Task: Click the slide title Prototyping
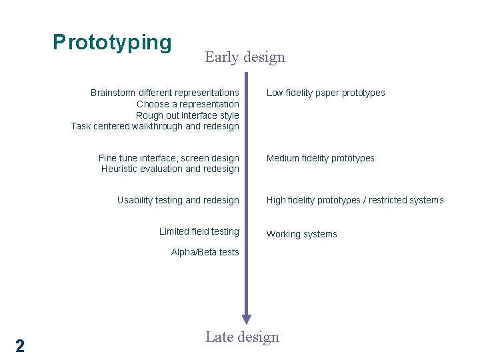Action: click(112, 43)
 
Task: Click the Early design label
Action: click(245, 57)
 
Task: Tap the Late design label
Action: click(242, 337)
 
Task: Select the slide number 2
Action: click(20, 345)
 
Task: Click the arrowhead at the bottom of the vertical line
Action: click(247, 319)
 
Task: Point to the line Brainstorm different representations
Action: click(165, 93)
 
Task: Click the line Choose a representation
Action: click(187, 104)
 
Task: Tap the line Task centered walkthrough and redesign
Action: click(155, 126)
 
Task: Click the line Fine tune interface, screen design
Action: click(169, 158)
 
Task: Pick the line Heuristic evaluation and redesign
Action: click(170, 169)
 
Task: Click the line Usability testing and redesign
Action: click(178, 200)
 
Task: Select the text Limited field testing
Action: click(199, 231)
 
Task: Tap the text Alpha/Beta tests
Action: click(205, 252)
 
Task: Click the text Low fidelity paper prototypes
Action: click(325, 93)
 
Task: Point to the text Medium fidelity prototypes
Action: click(320, 158)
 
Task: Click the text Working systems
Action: click(301, 234)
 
